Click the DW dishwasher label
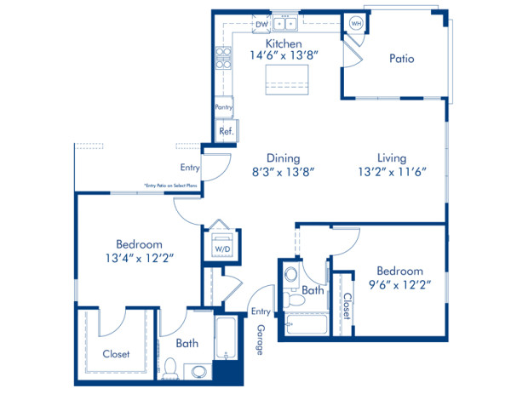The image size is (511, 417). [262, 25]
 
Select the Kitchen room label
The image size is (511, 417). [283, 43]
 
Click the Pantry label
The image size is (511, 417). [224, 107]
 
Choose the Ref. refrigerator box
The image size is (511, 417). [226, 132]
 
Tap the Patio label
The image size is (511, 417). [402, 59]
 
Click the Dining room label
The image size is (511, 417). [283, 157]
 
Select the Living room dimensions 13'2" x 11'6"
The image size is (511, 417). [392, 171]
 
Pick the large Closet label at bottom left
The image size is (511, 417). [116, 354]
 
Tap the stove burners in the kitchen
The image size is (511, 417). [224, 57]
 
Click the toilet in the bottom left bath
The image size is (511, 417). [171, 368]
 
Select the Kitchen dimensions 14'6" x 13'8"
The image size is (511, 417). [284, 56]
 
